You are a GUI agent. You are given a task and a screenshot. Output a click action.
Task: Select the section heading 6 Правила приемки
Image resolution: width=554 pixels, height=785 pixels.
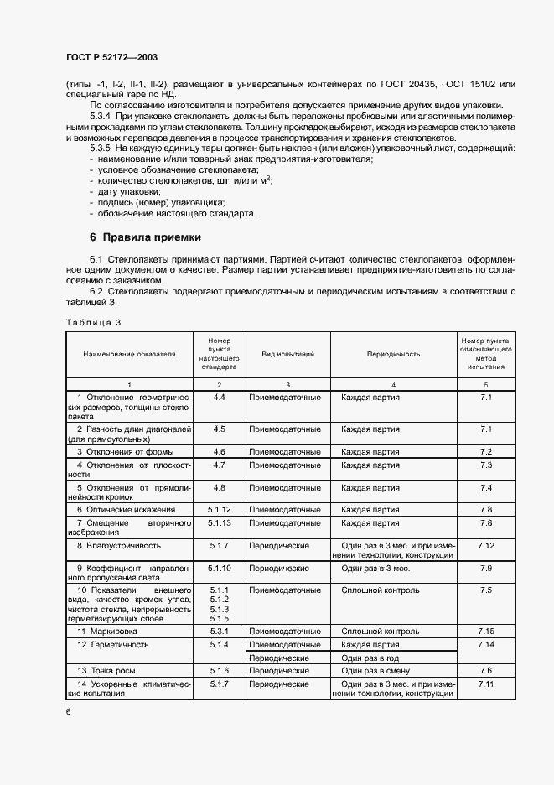146,237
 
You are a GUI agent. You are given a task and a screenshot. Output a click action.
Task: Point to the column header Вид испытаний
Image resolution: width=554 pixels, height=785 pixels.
287,355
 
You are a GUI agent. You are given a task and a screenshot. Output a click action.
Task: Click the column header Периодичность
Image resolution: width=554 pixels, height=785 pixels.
393,355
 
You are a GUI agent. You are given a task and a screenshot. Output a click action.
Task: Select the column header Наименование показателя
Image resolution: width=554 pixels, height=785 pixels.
129,355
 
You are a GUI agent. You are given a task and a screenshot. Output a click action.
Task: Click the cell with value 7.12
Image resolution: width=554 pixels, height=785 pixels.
485,545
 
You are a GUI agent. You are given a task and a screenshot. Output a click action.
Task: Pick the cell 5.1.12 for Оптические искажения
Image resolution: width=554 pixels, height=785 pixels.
220,509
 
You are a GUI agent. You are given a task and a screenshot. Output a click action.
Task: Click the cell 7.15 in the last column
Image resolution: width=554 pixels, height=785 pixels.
485,630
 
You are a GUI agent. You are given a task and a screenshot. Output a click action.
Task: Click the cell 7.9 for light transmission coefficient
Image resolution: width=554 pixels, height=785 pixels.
485,568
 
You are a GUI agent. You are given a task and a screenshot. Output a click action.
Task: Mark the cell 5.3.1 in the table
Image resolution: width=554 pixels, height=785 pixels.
220,630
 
